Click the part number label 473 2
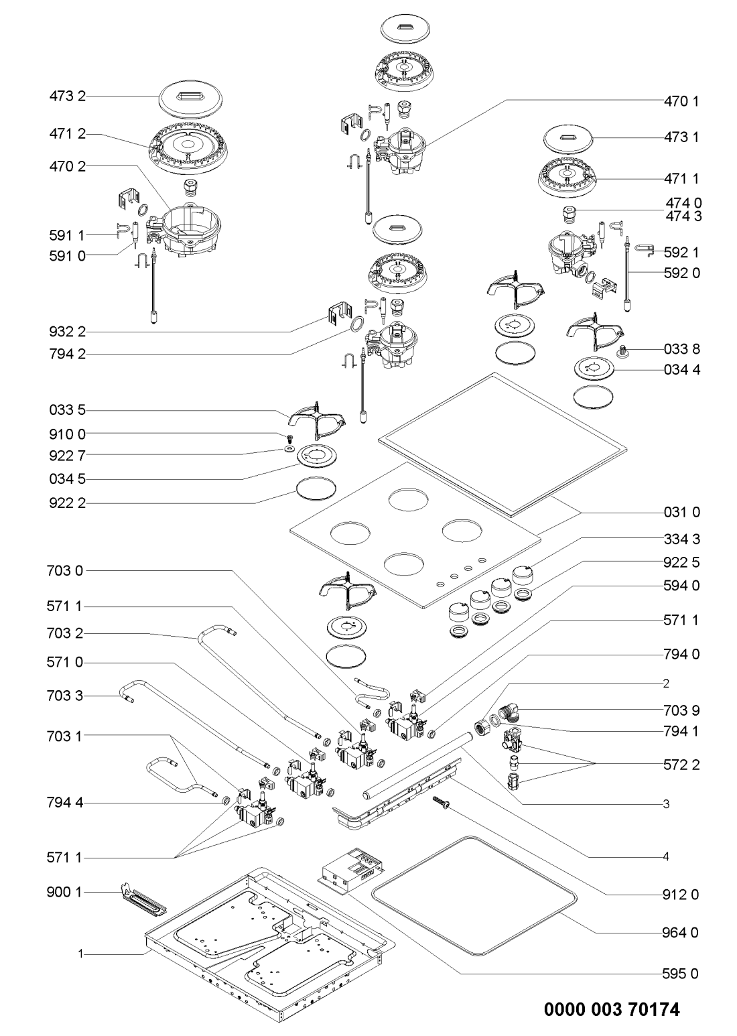[x=68, y=96]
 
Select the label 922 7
[x=68, y=455]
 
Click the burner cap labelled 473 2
[x=192, y=98]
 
